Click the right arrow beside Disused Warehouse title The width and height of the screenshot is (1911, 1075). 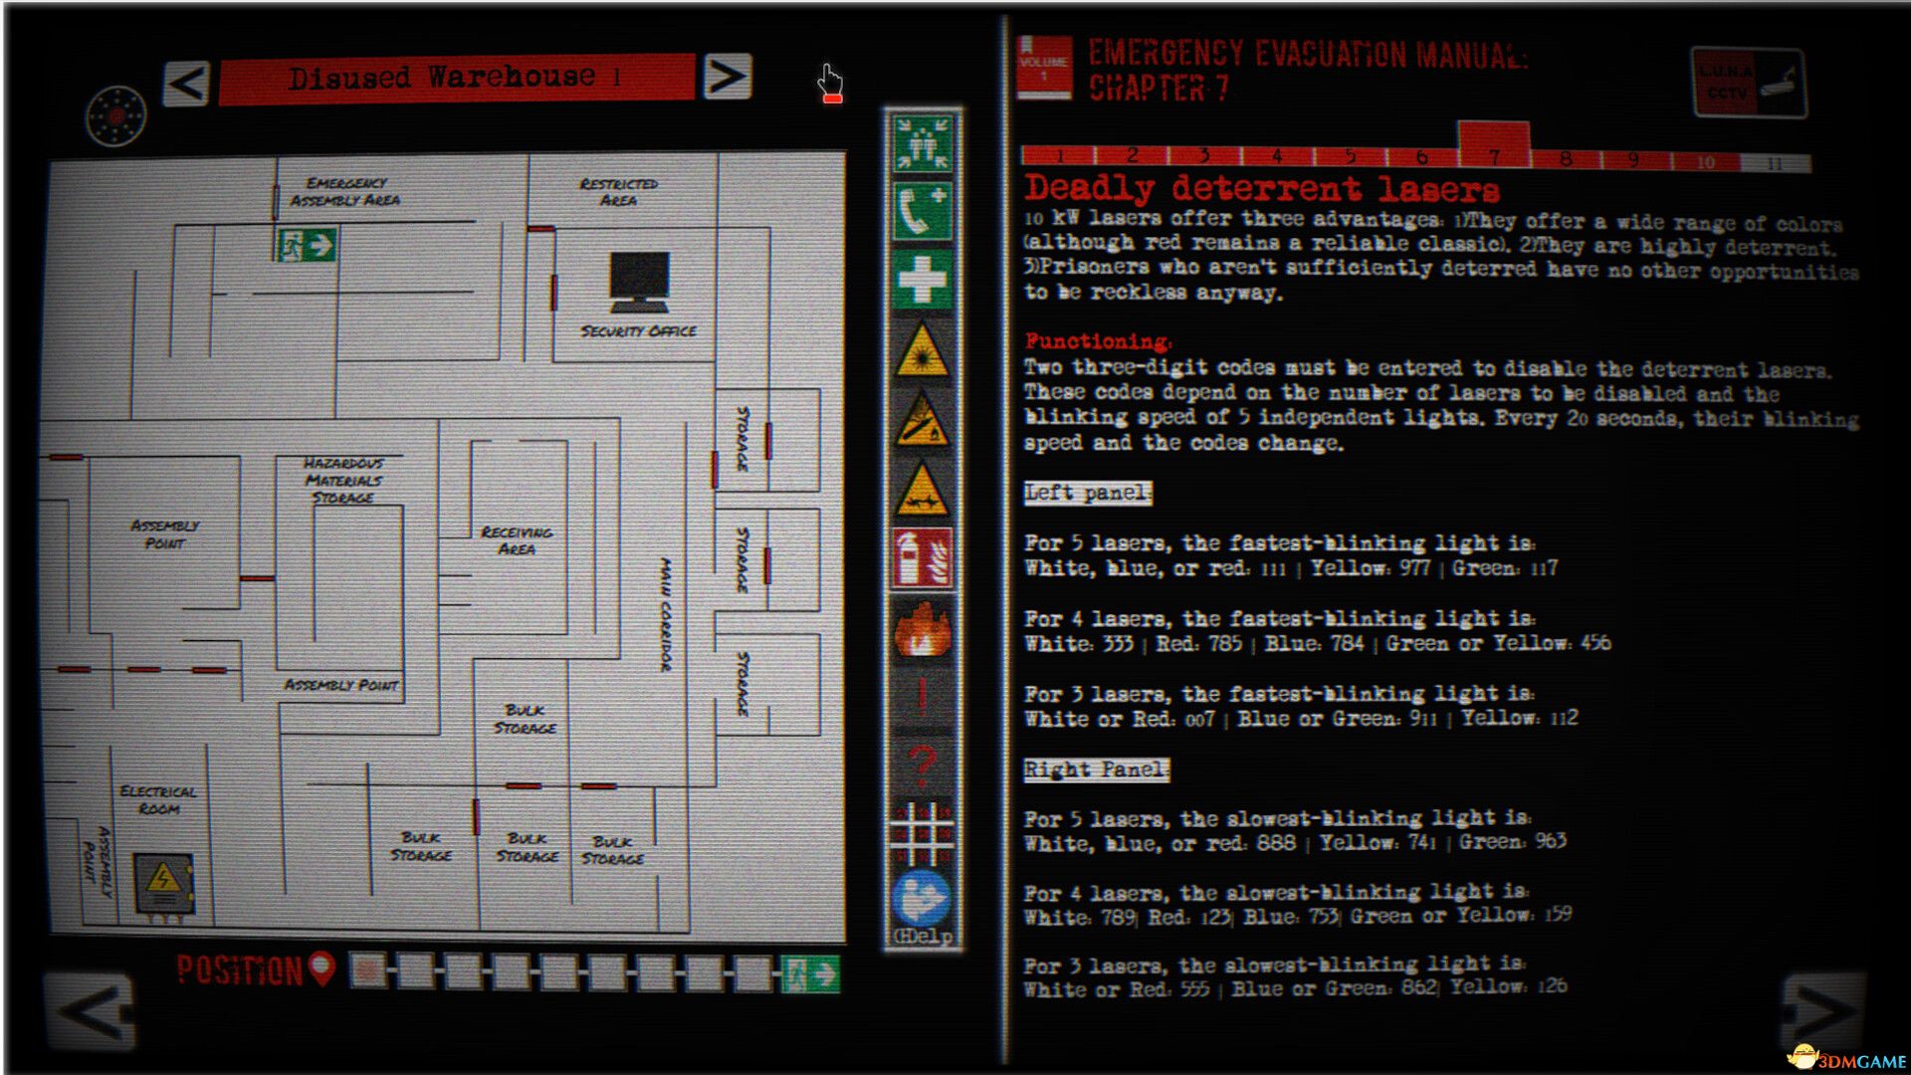pyautogui.click(x=727, y=78)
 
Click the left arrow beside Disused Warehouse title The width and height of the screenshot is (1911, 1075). pyautogui.click(x=187, y=83)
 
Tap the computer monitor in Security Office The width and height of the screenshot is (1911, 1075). pyautogui.click(x=639, y=282)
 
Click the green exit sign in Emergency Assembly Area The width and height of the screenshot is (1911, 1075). pyautogui.click(x=307, y=245)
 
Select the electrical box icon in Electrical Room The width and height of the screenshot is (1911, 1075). pyautogui.click(x=164, y=883)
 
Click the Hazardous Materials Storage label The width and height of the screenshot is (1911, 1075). pyautogui.click(x=342, y=480)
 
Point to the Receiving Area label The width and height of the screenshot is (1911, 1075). pyautogui.click(x=516, y=540)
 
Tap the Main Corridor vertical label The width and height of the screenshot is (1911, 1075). pyautogui.click(x=665, y=615)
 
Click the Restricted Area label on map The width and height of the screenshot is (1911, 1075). pyautogui.click(x=618, y=191)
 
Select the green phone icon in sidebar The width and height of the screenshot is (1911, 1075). pyautogui.click(x=922, y=211)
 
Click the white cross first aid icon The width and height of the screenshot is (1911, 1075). pyautogui.click(x=922, y=279)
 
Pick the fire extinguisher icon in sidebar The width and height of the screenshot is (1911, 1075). pyautogui.click(x=922, y=559)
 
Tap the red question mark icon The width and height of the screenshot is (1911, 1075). pyautogui.click(x=922, y=764)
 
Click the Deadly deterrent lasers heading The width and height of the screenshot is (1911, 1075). pyautogui.click(x=1261, y=188)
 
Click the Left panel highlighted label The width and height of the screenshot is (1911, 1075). pyautogui.click(x=1087, y=493)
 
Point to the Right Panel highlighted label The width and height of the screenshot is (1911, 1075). pyautogui.click(x=1096, y=769)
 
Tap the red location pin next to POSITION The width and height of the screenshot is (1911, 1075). pyautogui.click(x=321, y=967)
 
